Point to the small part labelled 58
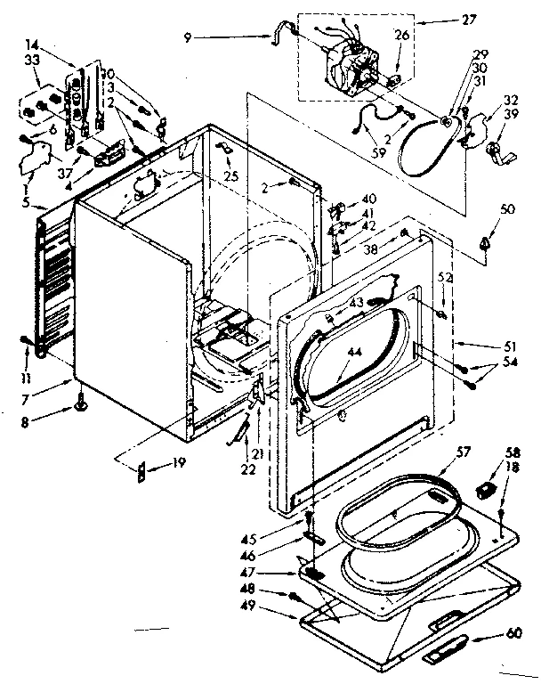pos(484,488)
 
